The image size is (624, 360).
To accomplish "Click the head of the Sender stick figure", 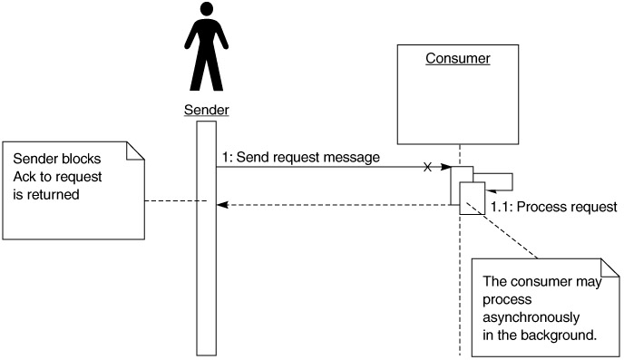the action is pos(207,9).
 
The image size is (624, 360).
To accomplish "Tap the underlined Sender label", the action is pos(207,110).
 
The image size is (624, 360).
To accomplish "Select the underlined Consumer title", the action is pos(458,58).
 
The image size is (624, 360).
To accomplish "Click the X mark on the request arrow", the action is pos(427,167).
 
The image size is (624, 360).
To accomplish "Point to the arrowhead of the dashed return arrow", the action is pos(221,205).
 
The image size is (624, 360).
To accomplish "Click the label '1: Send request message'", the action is pos(301,157).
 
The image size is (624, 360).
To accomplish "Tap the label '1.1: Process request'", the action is pos(553,207).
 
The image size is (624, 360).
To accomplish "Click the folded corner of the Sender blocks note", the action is pos(135,151).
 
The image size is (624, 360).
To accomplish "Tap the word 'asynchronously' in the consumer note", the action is pos(531,318).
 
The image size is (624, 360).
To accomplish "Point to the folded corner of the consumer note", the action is pos(609,268).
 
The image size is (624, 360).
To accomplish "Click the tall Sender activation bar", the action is pos(207,238).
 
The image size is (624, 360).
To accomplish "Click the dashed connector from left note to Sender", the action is pos(176,201).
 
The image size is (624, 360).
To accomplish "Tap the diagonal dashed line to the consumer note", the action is pos(502,230).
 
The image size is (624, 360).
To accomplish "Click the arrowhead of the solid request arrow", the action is pos(445,167).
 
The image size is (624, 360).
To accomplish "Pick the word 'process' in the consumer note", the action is pos(507,300).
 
